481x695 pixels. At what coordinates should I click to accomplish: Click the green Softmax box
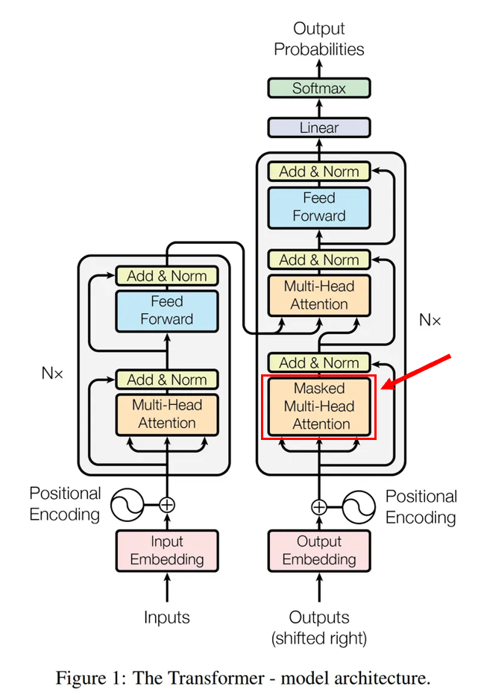coord(318,88)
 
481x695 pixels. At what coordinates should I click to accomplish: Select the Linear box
coord(318,128)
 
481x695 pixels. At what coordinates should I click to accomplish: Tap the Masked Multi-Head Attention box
coord(318,406)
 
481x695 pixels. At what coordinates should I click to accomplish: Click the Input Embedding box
coord(167,550)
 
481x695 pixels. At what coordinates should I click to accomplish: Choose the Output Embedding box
coord(318,550)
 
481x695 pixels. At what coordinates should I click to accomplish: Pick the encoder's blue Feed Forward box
coord(167,311)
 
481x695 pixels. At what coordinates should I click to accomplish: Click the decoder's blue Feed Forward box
coord(318,207)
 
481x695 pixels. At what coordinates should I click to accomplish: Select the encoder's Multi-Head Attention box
coord(167,415)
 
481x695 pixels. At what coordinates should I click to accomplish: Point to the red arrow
coord(416,372)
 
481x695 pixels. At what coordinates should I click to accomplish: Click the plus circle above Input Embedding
coord(167,505)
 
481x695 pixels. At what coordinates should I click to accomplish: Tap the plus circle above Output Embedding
coord(319,507)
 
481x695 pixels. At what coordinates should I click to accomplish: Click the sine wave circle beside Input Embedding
coord(128,505)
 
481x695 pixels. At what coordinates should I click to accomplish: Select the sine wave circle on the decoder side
coord(359,507)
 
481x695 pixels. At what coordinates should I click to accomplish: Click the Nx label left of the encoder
coord(52,373)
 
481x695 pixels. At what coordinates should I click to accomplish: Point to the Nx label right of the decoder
coord(430,320)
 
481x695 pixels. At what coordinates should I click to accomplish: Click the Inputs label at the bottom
coord(167,617)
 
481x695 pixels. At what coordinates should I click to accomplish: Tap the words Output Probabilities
coord(318,39)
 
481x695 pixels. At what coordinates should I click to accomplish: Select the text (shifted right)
coord(319,638)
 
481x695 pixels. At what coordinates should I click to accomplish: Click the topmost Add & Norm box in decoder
coord(318,172)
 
